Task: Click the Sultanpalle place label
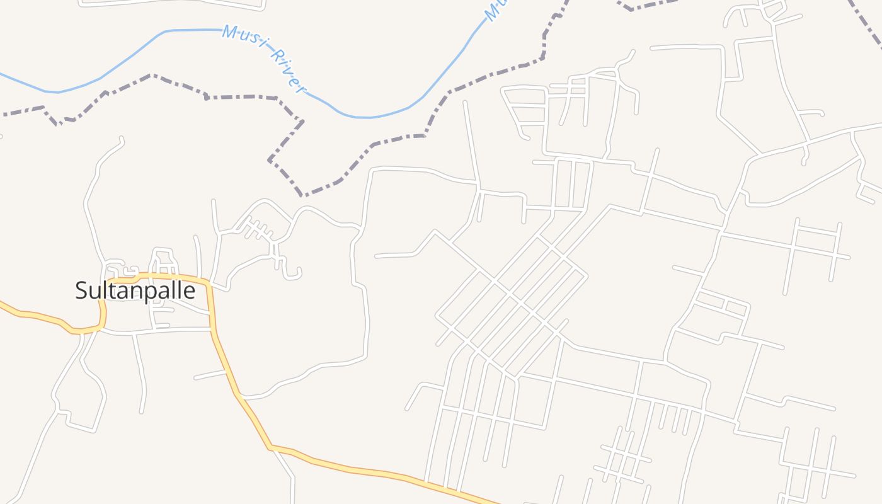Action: click(x=135, y=290)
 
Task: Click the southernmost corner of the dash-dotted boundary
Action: click(x=302, y=195)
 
